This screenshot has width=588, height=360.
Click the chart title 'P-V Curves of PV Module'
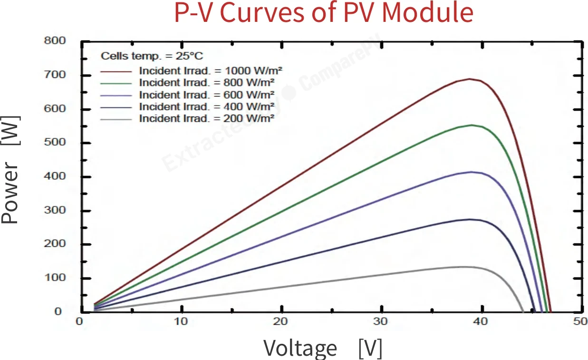(324, 13)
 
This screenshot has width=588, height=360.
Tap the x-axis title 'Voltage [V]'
(323, 348)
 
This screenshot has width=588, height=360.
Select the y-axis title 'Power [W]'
(10, 170)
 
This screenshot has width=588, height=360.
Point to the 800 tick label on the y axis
(55, 41)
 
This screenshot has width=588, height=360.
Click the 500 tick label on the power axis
(55, 142)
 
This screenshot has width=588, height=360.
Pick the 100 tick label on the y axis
(55, 278)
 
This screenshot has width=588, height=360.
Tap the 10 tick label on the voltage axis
(181, 321)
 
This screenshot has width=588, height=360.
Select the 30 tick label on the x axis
(381, 321)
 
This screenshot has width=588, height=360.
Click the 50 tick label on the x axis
(580, 321)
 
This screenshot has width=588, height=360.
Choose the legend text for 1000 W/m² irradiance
(211, 71)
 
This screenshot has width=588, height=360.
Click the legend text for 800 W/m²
(207, 83)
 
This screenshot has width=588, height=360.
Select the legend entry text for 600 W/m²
(207, 95)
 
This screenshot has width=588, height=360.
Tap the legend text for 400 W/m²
(207, 107)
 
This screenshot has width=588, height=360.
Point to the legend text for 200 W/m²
(207, 118)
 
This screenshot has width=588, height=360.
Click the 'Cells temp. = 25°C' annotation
(152, 56)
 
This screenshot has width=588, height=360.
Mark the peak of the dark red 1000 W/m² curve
(469, 79)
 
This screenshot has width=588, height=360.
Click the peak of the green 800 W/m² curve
(472, 125)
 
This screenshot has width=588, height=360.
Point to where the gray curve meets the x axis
(523, 312)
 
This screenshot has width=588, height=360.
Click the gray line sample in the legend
(116, 120)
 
